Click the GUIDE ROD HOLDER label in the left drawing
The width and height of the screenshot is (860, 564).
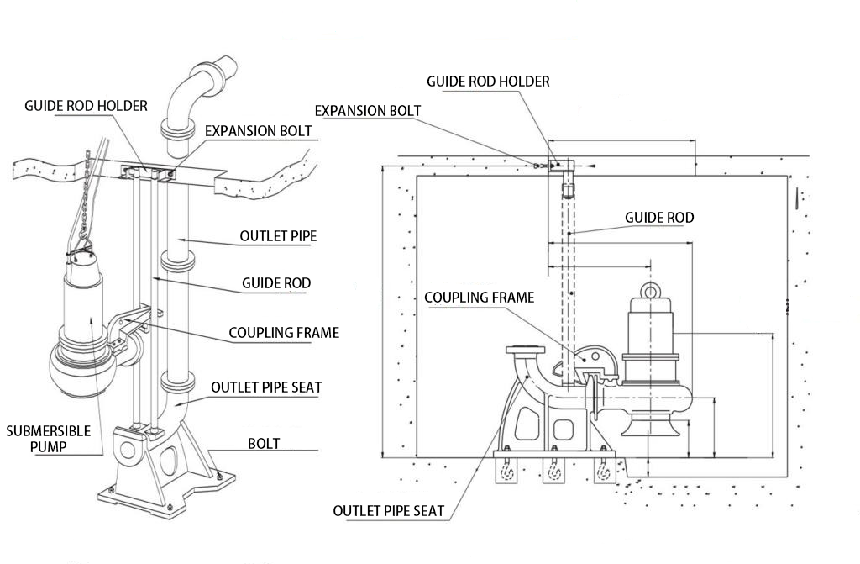pos(86,106)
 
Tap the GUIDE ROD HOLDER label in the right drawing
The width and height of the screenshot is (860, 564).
pos(488,82)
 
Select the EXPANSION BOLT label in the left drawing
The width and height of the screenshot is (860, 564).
pos(259,131)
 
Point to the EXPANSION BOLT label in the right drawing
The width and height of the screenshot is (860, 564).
pos(368,111)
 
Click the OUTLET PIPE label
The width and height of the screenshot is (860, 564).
pos(278,236)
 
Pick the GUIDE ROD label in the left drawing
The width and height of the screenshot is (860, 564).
pos(275,283)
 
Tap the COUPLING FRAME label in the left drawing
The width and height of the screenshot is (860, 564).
pos(284,332)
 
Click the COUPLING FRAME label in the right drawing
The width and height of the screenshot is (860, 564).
pos(479,298)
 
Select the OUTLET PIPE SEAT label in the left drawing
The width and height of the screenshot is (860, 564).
pos(266,387)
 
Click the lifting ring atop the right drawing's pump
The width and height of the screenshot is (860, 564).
pos(651,291)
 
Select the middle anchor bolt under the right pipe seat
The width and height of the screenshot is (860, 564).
pos(553,472)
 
